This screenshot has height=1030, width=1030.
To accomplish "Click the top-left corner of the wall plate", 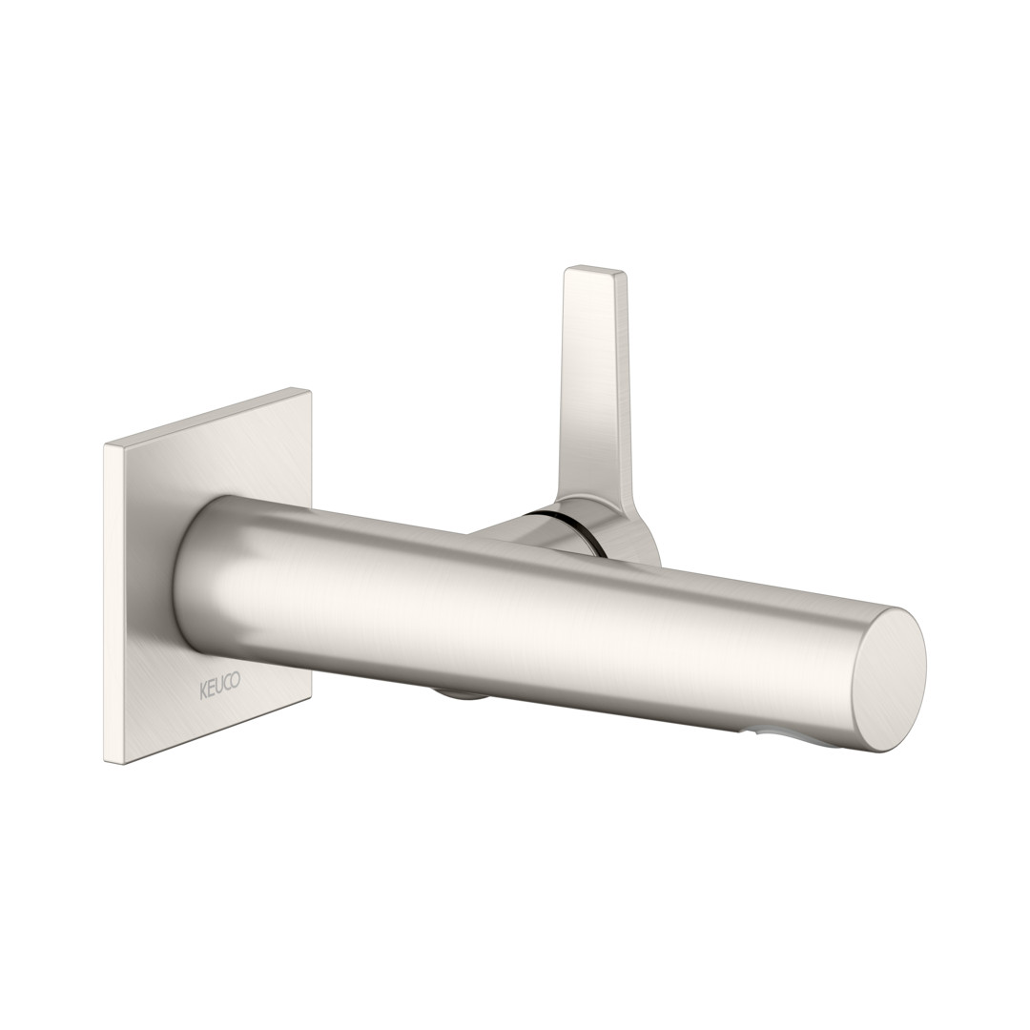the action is tap(105, 445).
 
